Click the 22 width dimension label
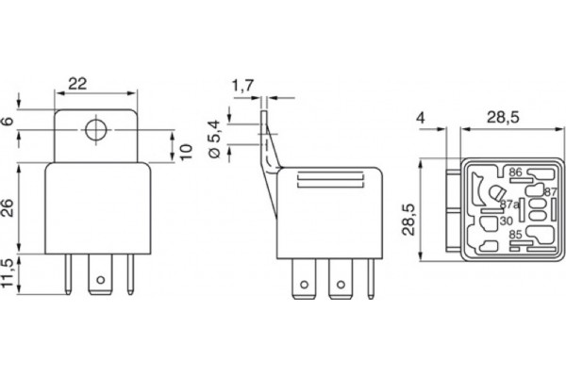(x=77, y=84)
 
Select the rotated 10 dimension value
(x=186, y=152)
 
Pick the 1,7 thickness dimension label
(x=243, y=86)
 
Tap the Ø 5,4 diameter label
(x=214, y=139)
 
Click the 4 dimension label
(x=421, y=118)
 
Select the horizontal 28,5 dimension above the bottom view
(x=503, y=118)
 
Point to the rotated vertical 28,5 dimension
(x=408, y=220)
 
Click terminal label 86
(x=515, y=172)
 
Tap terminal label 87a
(x=509, y=205)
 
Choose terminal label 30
(x=507, y=221)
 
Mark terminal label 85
(x=515, y=235)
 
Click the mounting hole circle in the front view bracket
(x=96, y=130)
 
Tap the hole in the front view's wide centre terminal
(x=101, y=280)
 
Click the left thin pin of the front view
(x=68, y=274)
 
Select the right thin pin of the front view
(x=131, y=274)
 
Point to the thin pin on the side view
(x=371, y=279)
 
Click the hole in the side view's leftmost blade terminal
(x=305, y=285)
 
